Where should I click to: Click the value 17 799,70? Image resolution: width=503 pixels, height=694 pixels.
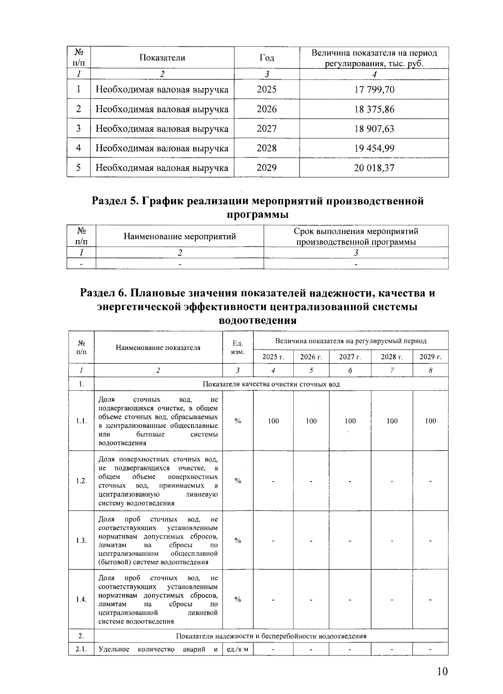374,90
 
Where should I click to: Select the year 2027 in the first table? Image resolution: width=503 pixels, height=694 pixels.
267,129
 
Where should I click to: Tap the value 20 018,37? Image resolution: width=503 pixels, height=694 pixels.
374,168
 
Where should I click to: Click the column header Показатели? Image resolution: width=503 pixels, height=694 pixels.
162,58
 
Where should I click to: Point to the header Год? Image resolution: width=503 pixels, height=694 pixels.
267,58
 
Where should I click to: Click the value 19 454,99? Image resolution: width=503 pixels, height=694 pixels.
374,148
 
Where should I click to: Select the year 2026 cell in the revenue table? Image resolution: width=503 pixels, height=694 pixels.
267,109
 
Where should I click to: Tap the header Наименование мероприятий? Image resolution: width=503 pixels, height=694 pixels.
180,236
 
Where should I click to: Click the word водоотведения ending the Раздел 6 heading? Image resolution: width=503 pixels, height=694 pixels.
258,321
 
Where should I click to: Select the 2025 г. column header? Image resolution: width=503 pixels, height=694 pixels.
273,357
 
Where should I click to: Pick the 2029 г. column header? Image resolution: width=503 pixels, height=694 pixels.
430,357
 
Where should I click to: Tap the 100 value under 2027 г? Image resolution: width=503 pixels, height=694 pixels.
350,421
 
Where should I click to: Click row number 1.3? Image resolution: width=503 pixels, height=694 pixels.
81,540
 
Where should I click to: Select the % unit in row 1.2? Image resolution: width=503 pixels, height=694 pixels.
238,481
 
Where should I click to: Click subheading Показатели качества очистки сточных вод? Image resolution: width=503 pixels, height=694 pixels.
271,384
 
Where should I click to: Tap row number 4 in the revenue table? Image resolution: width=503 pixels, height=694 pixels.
78,148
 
